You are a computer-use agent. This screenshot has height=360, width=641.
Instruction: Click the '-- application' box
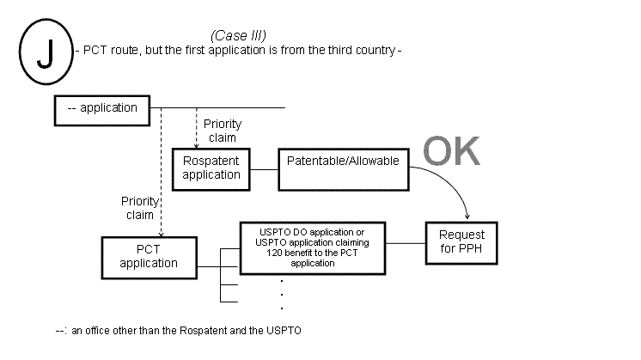[x=102, y=108]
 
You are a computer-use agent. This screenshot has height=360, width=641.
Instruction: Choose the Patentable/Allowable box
[x=343, y=161]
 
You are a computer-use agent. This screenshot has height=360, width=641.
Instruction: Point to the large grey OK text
[x=451, y=151]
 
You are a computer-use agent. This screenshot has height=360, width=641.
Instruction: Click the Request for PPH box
[x=461, y=241]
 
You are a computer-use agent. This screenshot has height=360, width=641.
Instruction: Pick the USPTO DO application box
[x=312, y=247]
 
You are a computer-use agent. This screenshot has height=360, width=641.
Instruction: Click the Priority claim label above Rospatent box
[x=222, y=131]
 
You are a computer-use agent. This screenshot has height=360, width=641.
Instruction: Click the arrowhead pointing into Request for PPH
[x=467, y=217]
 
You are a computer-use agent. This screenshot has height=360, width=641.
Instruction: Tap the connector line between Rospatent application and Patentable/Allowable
[x=264, y=168]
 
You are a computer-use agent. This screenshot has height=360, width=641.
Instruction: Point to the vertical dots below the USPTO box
[x=283, y=294]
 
